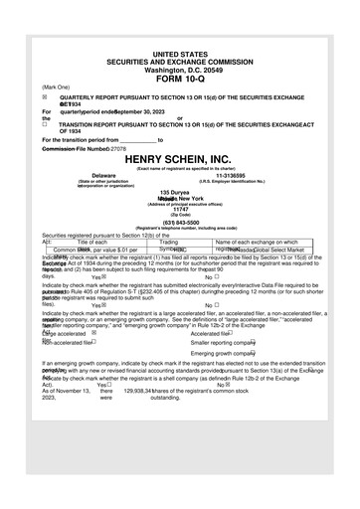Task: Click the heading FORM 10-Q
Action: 179,79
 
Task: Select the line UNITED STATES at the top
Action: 179,52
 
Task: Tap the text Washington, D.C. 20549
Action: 179,70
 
